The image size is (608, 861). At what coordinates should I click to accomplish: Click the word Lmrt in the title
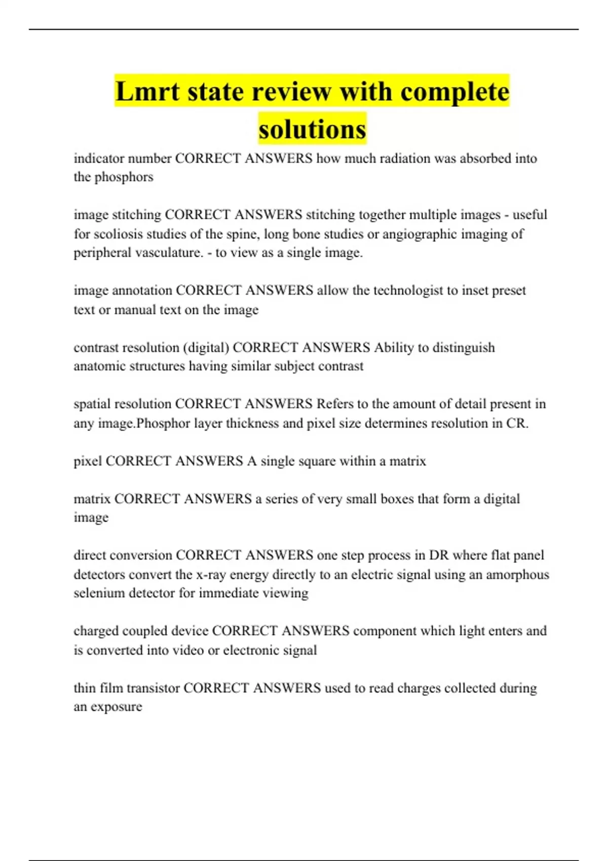point(147,92)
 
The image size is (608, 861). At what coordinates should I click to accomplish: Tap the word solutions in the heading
point(312,129)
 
